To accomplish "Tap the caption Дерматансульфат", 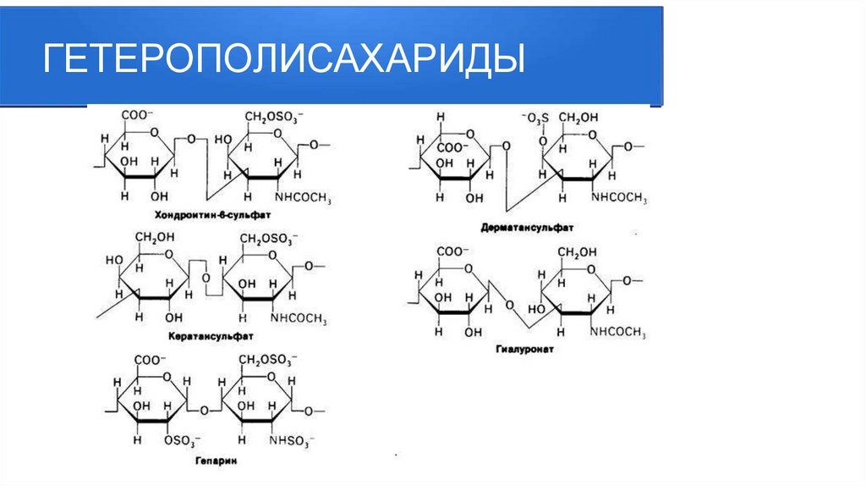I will tap(526, 228).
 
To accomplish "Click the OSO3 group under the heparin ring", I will tap(183, 440).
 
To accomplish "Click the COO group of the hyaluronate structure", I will tap(452, 251).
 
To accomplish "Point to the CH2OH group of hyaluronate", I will tap(576, 251).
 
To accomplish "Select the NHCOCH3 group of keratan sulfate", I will tap(299, 318).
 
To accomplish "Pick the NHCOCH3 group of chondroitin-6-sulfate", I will tap(302, 198).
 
